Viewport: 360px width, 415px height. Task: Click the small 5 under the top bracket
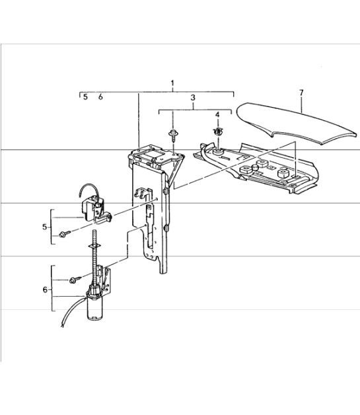tap(85, 97)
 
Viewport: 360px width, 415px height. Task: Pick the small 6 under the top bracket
tap(100, 97)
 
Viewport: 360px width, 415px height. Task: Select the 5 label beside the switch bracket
tap(44, 227)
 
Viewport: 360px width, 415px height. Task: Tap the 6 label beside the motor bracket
tap(44, 289)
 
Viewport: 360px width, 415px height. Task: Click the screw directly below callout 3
tap(172, 137)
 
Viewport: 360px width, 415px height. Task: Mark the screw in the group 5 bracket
tap(63, 234)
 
